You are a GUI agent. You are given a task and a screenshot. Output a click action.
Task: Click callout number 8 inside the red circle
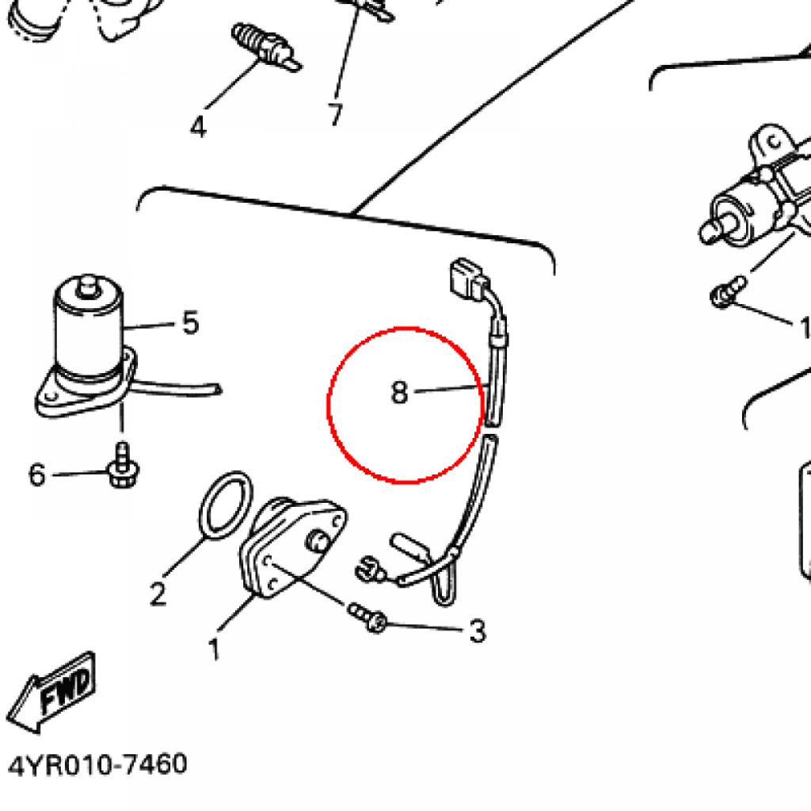pos(399,392)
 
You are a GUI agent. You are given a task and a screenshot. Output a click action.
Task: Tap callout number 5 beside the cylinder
pos(191,322)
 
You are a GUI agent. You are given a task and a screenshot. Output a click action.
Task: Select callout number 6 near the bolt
pos(36,474)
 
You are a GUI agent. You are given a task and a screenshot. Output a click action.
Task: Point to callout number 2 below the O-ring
pos(158,593)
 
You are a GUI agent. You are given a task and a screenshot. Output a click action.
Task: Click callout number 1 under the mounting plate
pos(214,649)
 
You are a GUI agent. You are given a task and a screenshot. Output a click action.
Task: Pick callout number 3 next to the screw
pos(478,631)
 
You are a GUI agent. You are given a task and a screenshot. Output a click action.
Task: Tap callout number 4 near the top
pos(198,127)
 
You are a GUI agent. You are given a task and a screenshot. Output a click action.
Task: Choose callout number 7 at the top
pos(336,114)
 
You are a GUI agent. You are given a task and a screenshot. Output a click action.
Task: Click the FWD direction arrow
pos(51,692)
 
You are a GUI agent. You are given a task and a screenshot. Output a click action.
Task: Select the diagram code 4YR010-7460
pos(97,765)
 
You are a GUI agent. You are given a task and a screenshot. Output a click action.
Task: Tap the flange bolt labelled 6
pos(123,465)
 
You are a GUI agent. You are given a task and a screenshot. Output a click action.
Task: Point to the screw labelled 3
pos(367,617)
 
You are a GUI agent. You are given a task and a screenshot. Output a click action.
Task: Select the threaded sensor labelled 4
pos(266,47)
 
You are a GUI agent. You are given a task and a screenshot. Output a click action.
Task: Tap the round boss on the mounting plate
pos(317,542)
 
